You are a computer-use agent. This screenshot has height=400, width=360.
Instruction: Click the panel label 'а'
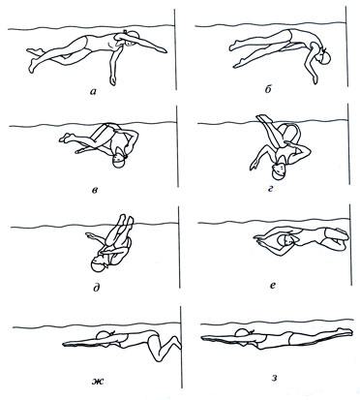pos(93,91)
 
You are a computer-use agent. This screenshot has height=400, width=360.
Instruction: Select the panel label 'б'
pos(268,90)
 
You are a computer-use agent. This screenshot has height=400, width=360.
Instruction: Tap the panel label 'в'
pos(95,190)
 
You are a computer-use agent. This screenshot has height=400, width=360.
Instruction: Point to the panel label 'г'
pos(270,188)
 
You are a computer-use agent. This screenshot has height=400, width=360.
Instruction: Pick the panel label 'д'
pos(96,287)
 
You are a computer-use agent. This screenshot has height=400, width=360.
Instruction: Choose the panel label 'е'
pos(273,286)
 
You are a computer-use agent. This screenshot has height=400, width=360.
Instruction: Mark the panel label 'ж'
pos(97,382)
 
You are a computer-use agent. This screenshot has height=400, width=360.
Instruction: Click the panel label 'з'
pos(274,378)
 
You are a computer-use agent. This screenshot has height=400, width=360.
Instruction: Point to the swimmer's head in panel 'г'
pos(279,171)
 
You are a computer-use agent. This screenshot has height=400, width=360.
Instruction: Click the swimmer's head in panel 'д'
pos(100,265)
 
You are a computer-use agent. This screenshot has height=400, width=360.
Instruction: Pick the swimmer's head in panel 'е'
pos(285,240)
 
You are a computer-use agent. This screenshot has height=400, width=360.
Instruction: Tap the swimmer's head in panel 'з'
pos(243,334)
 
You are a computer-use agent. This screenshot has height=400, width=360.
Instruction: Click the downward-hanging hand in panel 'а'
pos(112,80)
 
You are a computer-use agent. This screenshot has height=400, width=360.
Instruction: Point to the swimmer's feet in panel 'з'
pos(344,331)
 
